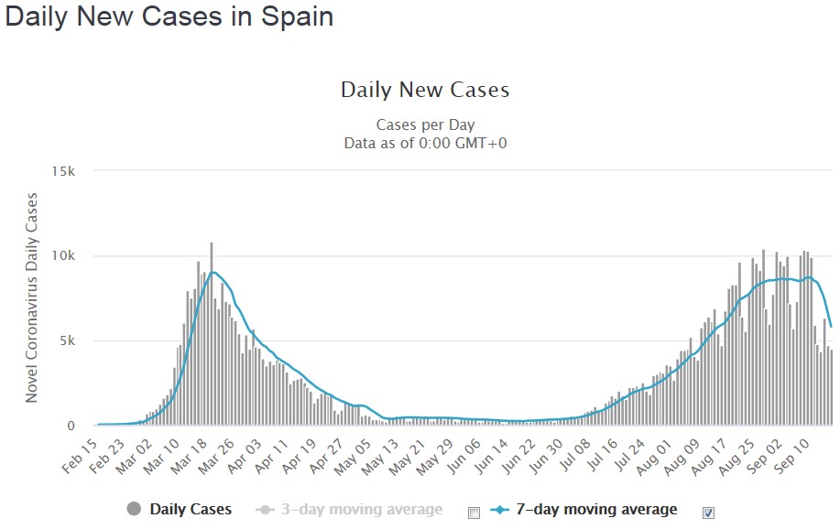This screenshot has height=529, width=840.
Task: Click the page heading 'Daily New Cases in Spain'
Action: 169,17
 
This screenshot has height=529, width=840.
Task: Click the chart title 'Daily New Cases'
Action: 425,90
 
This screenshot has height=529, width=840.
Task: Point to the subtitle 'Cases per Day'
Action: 425,124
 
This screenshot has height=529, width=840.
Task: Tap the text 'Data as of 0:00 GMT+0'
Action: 425,143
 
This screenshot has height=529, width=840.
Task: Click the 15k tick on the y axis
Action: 74,171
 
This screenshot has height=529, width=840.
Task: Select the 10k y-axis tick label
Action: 74,256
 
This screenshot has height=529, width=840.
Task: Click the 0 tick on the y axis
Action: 82,426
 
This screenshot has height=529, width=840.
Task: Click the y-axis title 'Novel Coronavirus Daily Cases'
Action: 32,298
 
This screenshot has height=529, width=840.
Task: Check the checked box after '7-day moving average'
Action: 708,512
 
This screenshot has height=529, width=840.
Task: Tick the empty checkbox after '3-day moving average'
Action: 474,512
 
